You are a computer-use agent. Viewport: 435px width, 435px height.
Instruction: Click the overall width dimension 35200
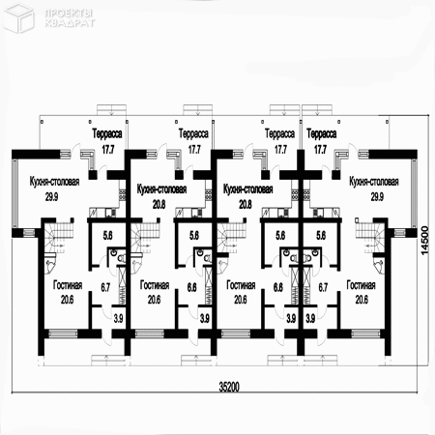(x=229, y=387)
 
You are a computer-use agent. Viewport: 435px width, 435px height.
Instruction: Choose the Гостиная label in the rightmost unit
(x=362, y=286)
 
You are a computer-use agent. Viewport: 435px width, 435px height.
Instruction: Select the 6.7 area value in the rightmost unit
(x=324, y=287)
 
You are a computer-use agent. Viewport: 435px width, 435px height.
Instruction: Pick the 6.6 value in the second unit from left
(x=190, y=287)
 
